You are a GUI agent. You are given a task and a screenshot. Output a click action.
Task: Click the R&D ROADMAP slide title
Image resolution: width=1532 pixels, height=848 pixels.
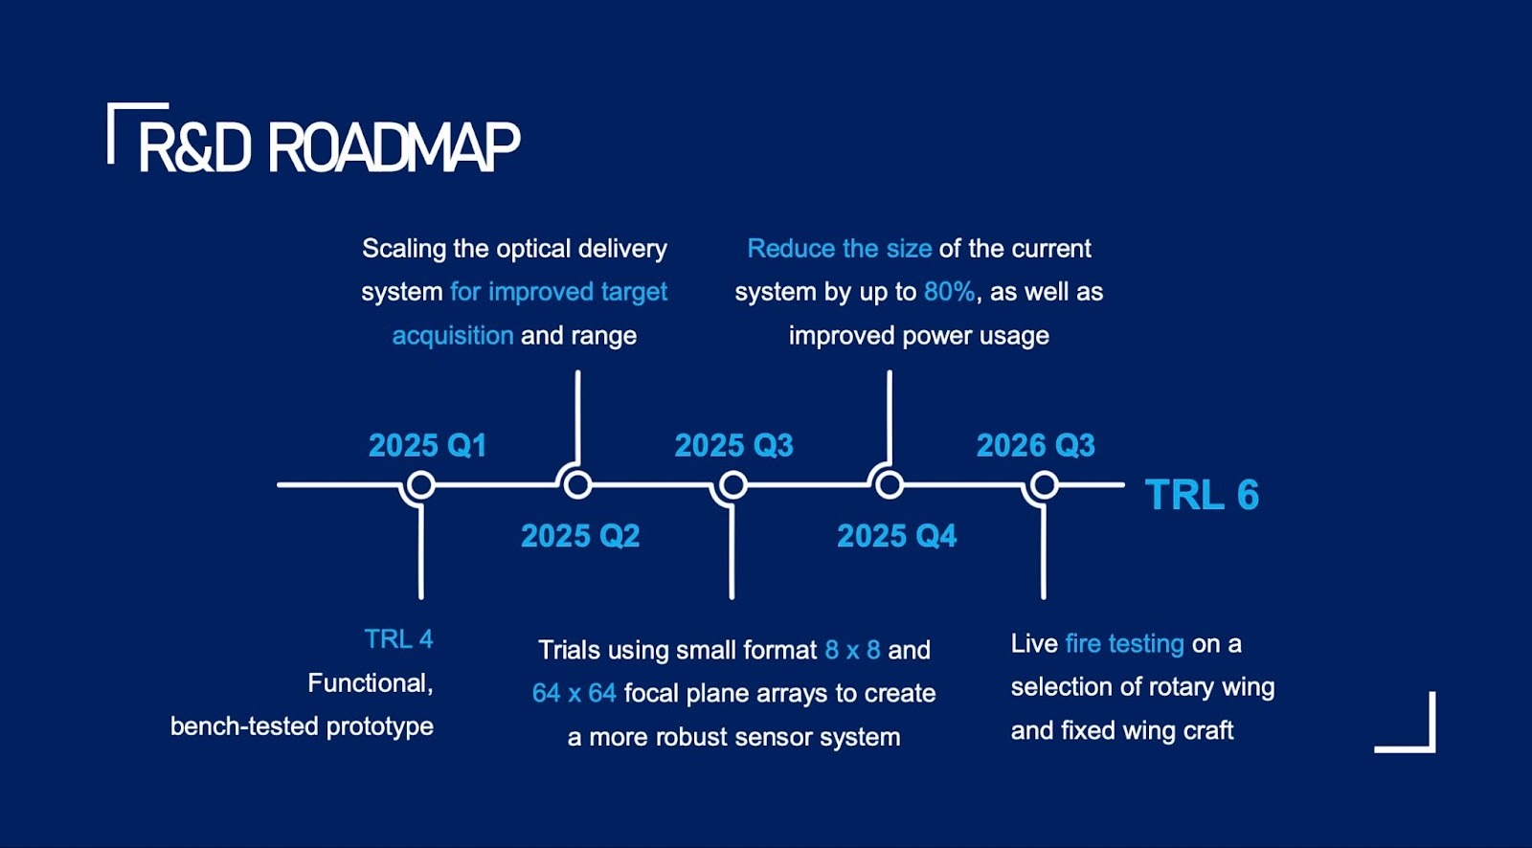328,147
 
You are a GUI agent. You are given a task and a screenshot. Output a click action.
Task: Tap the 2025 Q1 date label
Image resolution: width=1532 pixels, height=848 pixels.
427,445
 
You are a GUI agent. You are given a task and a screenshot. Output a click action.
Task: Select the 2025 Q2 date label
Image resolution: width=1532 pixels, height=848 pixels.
580,535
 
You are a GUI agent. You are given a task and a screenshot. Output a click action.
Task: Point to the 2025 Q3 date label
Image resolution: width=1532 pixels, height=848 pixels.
733,445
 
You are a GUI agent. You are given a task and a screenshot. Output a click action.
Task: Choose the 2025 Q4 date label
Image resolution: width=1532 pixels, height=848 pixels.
896,535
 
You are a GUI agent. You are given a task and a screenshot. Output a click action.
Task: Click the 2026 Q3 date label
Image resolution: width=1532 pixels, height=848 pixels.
1035,445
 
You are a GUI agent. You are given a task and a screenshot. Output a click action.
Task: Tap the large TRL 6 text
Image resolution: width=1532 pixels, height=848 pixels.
1202,495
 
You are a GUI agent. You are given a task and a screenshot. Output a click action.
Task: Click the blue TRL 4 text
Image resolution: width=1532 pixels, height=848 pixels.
398,638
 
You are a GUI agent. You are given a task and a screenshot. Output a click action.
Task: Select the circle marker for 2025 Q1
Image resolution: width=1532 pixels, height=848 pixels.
420,485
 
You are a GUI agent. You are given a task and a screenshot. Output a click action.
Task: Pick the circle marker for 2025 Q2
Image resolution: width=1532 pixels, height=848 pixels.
577,485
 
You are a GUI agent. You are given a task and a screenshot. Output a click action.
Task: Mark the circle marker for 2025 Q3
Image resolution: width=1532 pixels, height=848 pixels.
732,485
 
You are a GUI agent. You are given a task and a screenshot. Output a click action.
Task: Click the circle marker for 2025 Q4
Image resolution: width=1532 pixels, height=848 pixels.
890,485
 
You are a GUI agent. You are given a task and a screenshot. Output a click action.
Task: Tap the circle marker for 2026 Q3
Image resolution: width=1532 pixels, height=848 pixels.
1044,485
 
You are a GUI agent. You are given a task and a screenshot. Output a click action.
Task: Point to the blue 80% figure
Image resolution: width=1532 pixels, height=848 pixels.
949,292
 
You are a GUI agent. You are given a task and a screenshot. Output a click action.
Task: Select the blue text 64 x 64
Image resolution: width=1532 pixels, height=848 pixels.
574,693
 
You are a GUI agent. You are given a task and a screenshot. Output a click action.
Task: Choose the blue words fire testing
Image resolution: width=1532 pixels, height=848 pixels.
1124,643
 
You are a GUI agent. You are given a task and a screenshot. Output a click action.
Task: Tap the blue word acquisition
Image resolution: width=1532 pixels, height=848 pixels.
453,336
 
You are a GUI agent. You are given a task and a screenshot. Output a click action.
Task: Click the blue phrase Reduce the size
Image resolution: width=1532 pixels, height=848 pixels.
839,249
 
